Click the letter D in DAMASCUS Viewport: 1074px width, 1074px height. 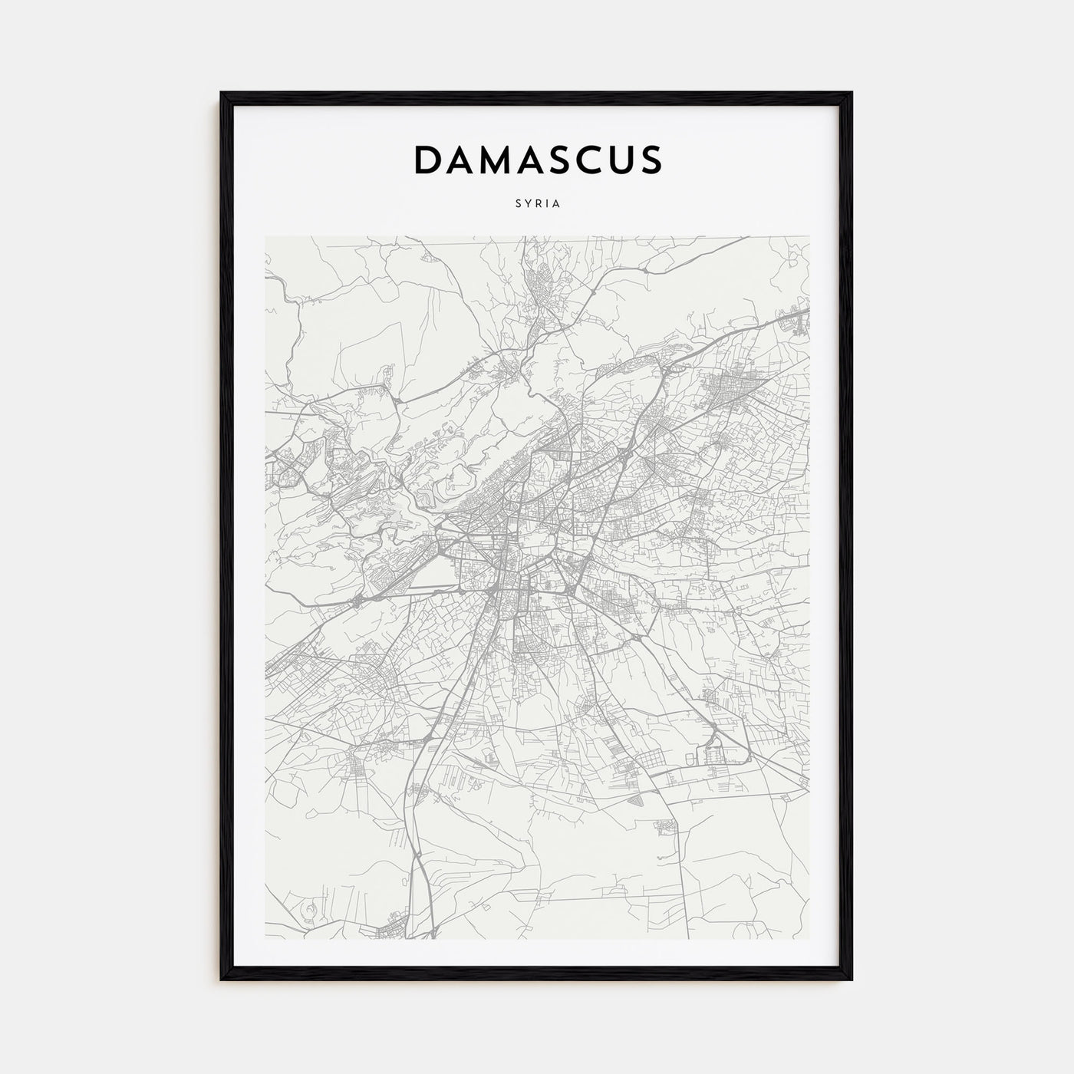430,160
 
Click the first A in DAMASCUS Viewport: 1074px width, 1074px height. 463,160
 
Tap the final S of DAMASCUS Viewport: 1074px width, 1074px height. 650,160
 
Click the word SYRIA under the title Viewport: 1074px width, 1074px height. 537,204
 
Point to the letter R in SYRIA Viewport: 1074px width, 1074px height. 539,204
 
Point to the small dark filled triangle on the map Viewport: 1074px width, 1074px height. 636,801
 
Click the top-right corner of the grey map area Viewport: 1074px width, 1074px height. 809,236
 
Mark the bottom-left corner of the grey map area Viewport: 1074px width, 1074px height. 265,939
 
